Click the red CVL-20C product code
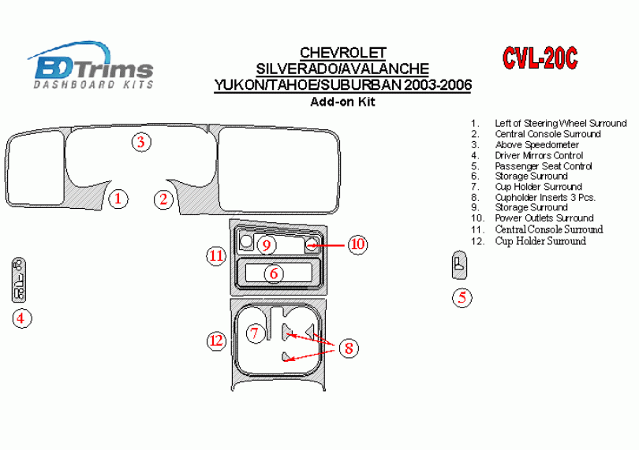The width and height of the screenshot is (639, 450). pos(540,58)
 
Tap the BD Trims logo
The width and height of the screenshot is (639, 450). pos(91,65)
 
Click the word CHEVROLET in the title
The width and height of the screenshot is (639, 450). pos(342,53)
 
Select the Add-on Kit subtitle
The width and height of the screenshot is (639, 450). pos(342,102)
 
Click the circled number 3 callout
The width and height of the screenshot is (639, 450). pos(141,142)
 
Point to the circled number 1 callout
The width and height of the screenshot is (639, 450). pos(118,199)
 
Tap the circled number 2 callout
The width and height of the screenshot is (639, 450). pos(163,199)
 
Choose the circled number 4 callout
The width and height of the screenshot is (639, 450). pos(21,318)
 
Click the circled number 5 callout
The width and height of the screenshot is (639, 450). pos(462,297)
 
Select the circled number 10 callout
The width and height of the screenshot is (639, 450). pos(357,244)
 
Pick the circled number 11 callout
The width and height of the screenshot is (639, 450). pos(216,256)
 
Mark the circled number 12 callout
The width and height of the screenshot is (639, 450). pos(216,340)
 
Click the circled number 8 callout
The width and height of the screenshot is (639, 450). pos(349,348)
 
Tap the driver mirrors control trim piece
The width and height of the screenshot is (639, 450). pos(19,281)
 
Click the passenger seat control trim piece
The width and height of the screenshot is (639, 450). pos(459,265)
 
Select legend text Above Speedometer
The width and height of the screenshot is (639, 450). pos(536,144)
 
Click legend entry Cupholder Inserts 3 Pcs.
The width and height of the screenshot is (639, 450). pos(545,198)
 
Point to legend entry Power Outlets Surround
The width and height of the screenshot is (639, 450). pos(544,218)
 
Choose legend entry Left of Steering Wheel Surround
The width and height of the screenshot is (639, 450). pos(561,124)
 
